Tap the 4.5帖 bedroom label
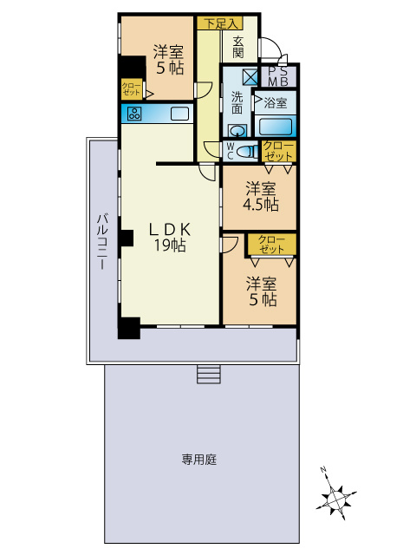[x=260, y=197]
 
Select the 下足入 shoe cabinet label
[x=218, y=23]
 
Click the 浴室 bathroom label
[x=275, y=103]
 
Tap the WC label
[x=229, y=151]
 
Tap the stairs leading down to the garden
[x=209, y=373]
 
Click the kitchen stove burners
[x=134, y=114]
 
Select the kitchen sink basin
[x=179, y=114]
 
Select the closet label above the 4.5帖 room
[x=278, y=151]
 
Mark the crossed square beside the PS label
[x=250, y=76]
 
